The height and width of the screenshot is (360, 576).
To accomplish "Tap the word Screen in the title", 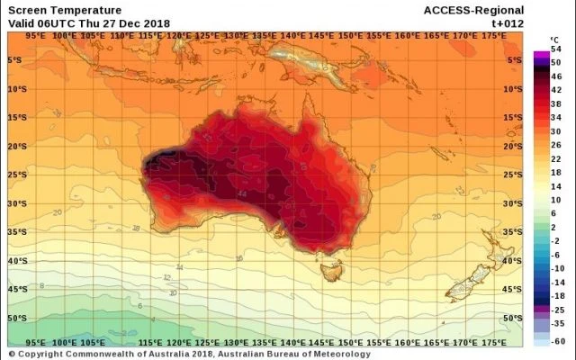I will coord(27,10).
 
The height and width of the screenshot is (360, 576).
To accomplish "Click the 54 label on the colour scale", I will coord(554,52).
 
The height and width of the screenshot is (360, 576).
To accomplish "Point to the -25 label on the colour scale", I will coord(554,308).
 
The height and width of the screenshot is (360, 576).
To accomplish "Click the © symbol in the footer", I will coord(13,354).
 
